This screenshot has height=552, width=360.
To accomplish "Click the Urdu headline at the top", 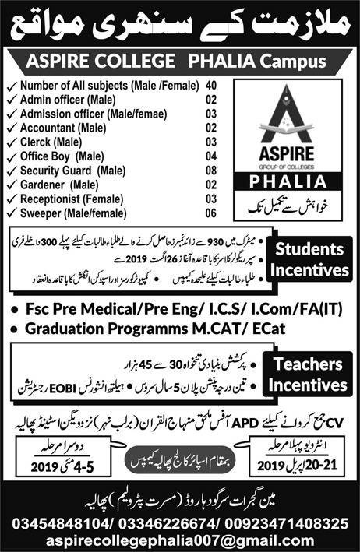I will pyautogui.click(x=179, y=25).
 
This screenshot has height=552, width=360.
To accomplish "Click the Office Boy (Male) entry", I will pyautogui.click(x=62, y=155).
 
